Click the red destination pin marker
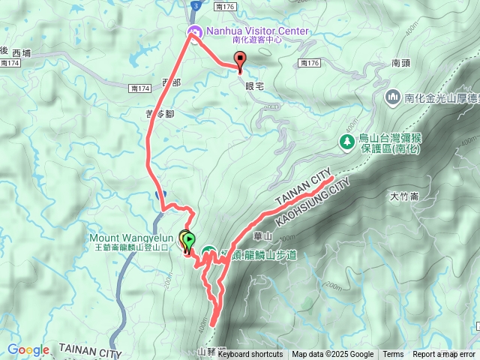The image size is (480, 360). [x=240, y=61]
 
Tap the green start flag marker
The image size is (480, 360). [x=189, y=241]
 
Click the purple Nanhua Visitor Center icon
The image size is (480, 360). [x=194, y=31]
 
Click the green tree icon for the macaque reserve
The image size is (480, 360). [x=346, y=141]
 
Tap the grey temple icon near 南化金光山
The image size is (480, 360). [x=393, y=97]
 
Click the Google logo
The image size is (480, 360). [x=28, y=350]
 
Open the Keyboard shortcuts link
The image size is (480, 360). [x=250, y=355]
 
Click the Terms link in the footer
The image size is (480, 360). [x=393, y=355]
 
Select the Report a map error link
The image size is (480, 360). [x=444, y=355]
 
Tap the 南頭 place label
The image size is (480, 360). [x=400, y=64]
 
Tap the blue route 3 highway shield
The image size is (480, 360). [x=195, y=5]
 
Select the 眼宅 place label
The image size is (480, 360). [x=255, y=86]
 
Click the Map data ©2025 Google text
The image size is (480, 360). [x=332, y=355]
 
